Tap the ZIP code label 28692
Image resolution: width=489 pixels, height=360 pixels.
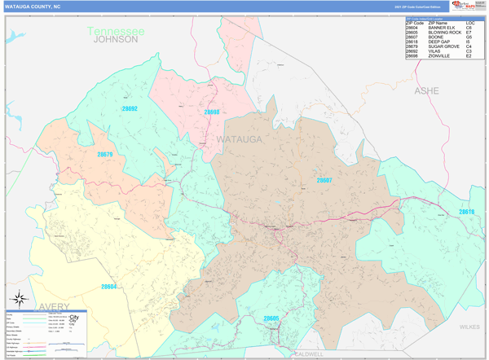(130, 108)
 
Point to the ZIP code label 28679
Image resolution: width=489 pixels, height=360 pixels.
(105, 154)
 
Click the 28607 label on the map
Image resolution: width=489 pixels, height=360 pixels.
(324, 180)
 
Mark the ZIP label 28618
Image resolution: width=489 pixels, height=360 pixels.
(466, 212)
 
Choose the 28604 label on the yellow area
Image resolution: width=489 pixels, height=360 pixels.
(108, 287)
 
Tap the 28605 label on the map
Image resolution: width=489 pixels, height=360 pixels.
(271, 318)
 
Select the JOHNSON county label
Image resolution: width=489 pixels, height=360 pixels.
(116, 39)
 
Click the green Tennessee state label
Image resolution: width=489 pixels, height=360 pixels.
(117, 31)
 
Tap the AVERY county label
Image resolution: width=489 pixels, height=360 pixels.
(53, 306)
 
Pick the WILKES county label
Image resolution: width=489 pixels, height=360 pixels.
(469, 327)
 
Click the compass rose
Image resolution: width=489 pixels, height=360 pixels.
(19, 299)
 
